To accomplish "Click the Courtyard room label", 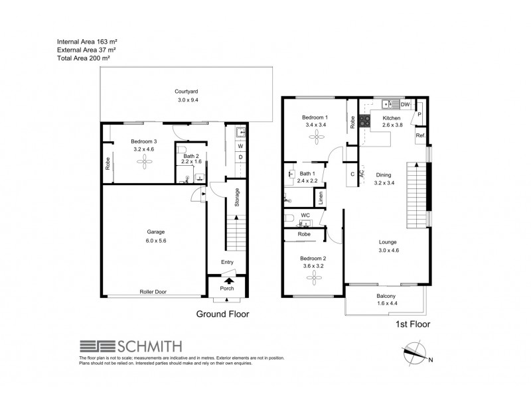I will [187, 92].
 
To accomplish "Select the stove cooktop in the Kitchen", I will [364, 121].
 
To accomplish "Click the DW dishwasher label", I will [405, 104].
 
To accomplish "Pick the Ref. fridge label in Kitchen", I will [420, 136].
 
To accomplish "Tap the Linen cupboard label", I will [321, 198].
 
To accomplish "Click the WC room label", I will [305, 216].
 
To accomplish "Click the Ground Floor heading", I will [222, 314].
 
